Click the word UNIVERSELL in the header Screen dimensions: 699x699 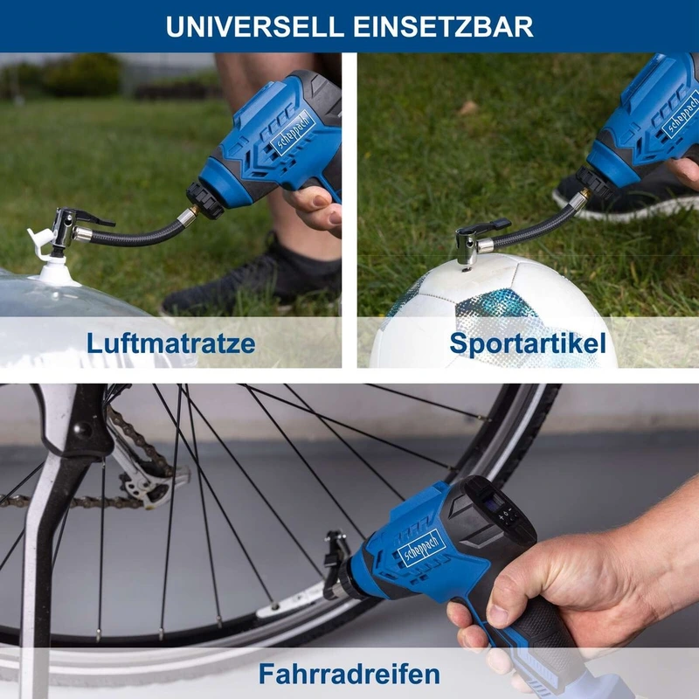pyautogui.click(x=255, y=27)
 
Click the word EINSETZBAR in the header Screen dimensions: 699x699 pyautogui.click(x=443, y=27)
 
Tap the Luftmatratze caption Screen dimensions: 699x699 pyautogui.click(x=170, y=343)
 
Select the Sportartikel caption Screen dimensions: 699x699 pyautogui.click(x=528, y=343)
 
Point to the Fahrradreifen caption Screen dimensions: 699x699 pyautogui.click(x=349, y=673)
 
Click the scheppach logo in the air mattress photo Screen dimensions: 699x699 pyautogui.click(x=293, y=133)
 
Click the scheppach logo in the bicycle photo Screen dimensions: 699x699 pyautogui.click(x=422, y=549)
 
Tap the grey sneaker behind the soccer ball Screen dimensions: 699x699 pyautogui.click(x=624, y=196)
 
